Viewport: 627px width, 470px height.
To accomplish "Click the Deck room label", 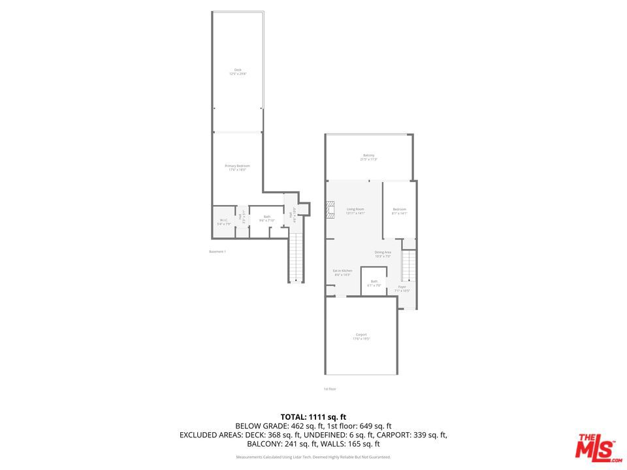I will (x=238, y=72).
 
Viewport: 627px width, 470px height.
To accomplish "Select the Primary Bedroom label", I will (x=237, y=168).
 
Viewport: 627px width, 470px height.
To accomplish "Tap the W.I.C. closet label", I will (x=223, y=222).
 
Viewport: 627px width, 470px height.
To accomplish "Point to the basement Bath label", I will (x=266, y=219).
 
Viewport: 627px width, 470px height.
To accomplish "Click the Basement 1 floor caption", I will (x=217, y=251).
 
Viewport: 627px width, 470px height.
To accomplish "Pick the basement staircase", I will (x=296, y=258).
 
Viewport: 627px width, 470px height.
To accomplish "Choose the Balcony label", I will (x=368, y=157).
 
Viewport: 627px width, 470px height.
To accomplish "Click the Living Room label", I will (x=355, y=211).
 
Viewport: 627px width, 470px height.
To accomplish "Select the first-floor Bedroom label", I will (x=399, y=211).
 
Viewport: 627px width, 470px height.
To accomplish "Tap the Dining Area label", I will (x=383, y=254).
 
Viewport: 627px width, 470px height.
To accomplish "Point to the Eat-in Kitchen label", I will (x=342, y=273).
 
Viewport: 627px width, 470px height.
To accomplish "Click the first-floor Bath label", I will (x=374, y=283).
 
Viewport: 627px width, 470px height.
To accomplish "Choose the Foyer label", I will (x=402, y=289).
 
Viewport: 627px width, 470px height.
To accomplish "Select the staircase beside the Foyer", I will (x=408, y=266).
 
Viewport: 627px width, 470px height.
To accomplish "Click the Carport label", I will (x=361, y=336).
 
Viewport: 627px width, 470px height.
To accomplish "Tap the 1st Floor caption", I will (x=330, y=389).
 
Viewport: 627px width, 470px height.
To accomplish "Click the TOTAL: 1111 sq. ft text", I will (x=313, y=416).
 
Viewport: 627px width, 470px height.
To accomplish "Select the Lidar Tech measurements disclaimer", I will (x=313, y=457).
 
